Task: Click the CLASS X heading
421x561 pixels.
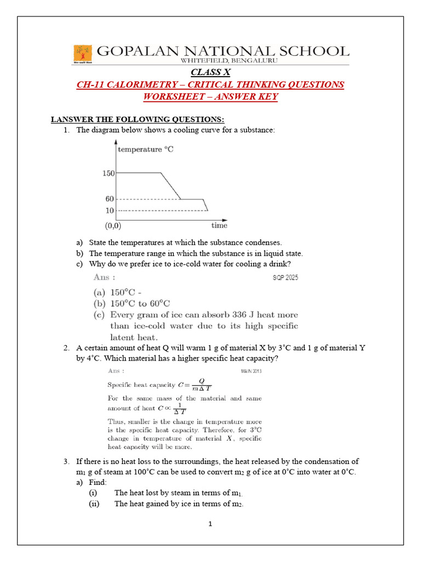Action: pyautogui.click(x=210, y=72)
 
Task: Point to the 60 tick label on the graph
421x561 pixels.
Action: pyautogui.click(x=109, y=199)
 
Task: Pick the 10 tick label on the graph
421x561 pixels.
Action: pyautogui.click(x=109, y=210)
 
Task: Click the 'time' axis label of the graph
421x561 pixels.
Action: pyautogui.click(x=219, y=225)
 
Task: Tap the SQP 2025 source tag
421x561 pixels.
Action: pyautogui.click(x=286, y=278)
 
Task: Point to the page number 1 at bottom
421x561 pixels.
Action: pyautogui.click(x=210, y=524)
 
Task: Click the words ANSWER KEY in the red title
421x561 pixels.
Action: pyautogui.click(x=251, y=97)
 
